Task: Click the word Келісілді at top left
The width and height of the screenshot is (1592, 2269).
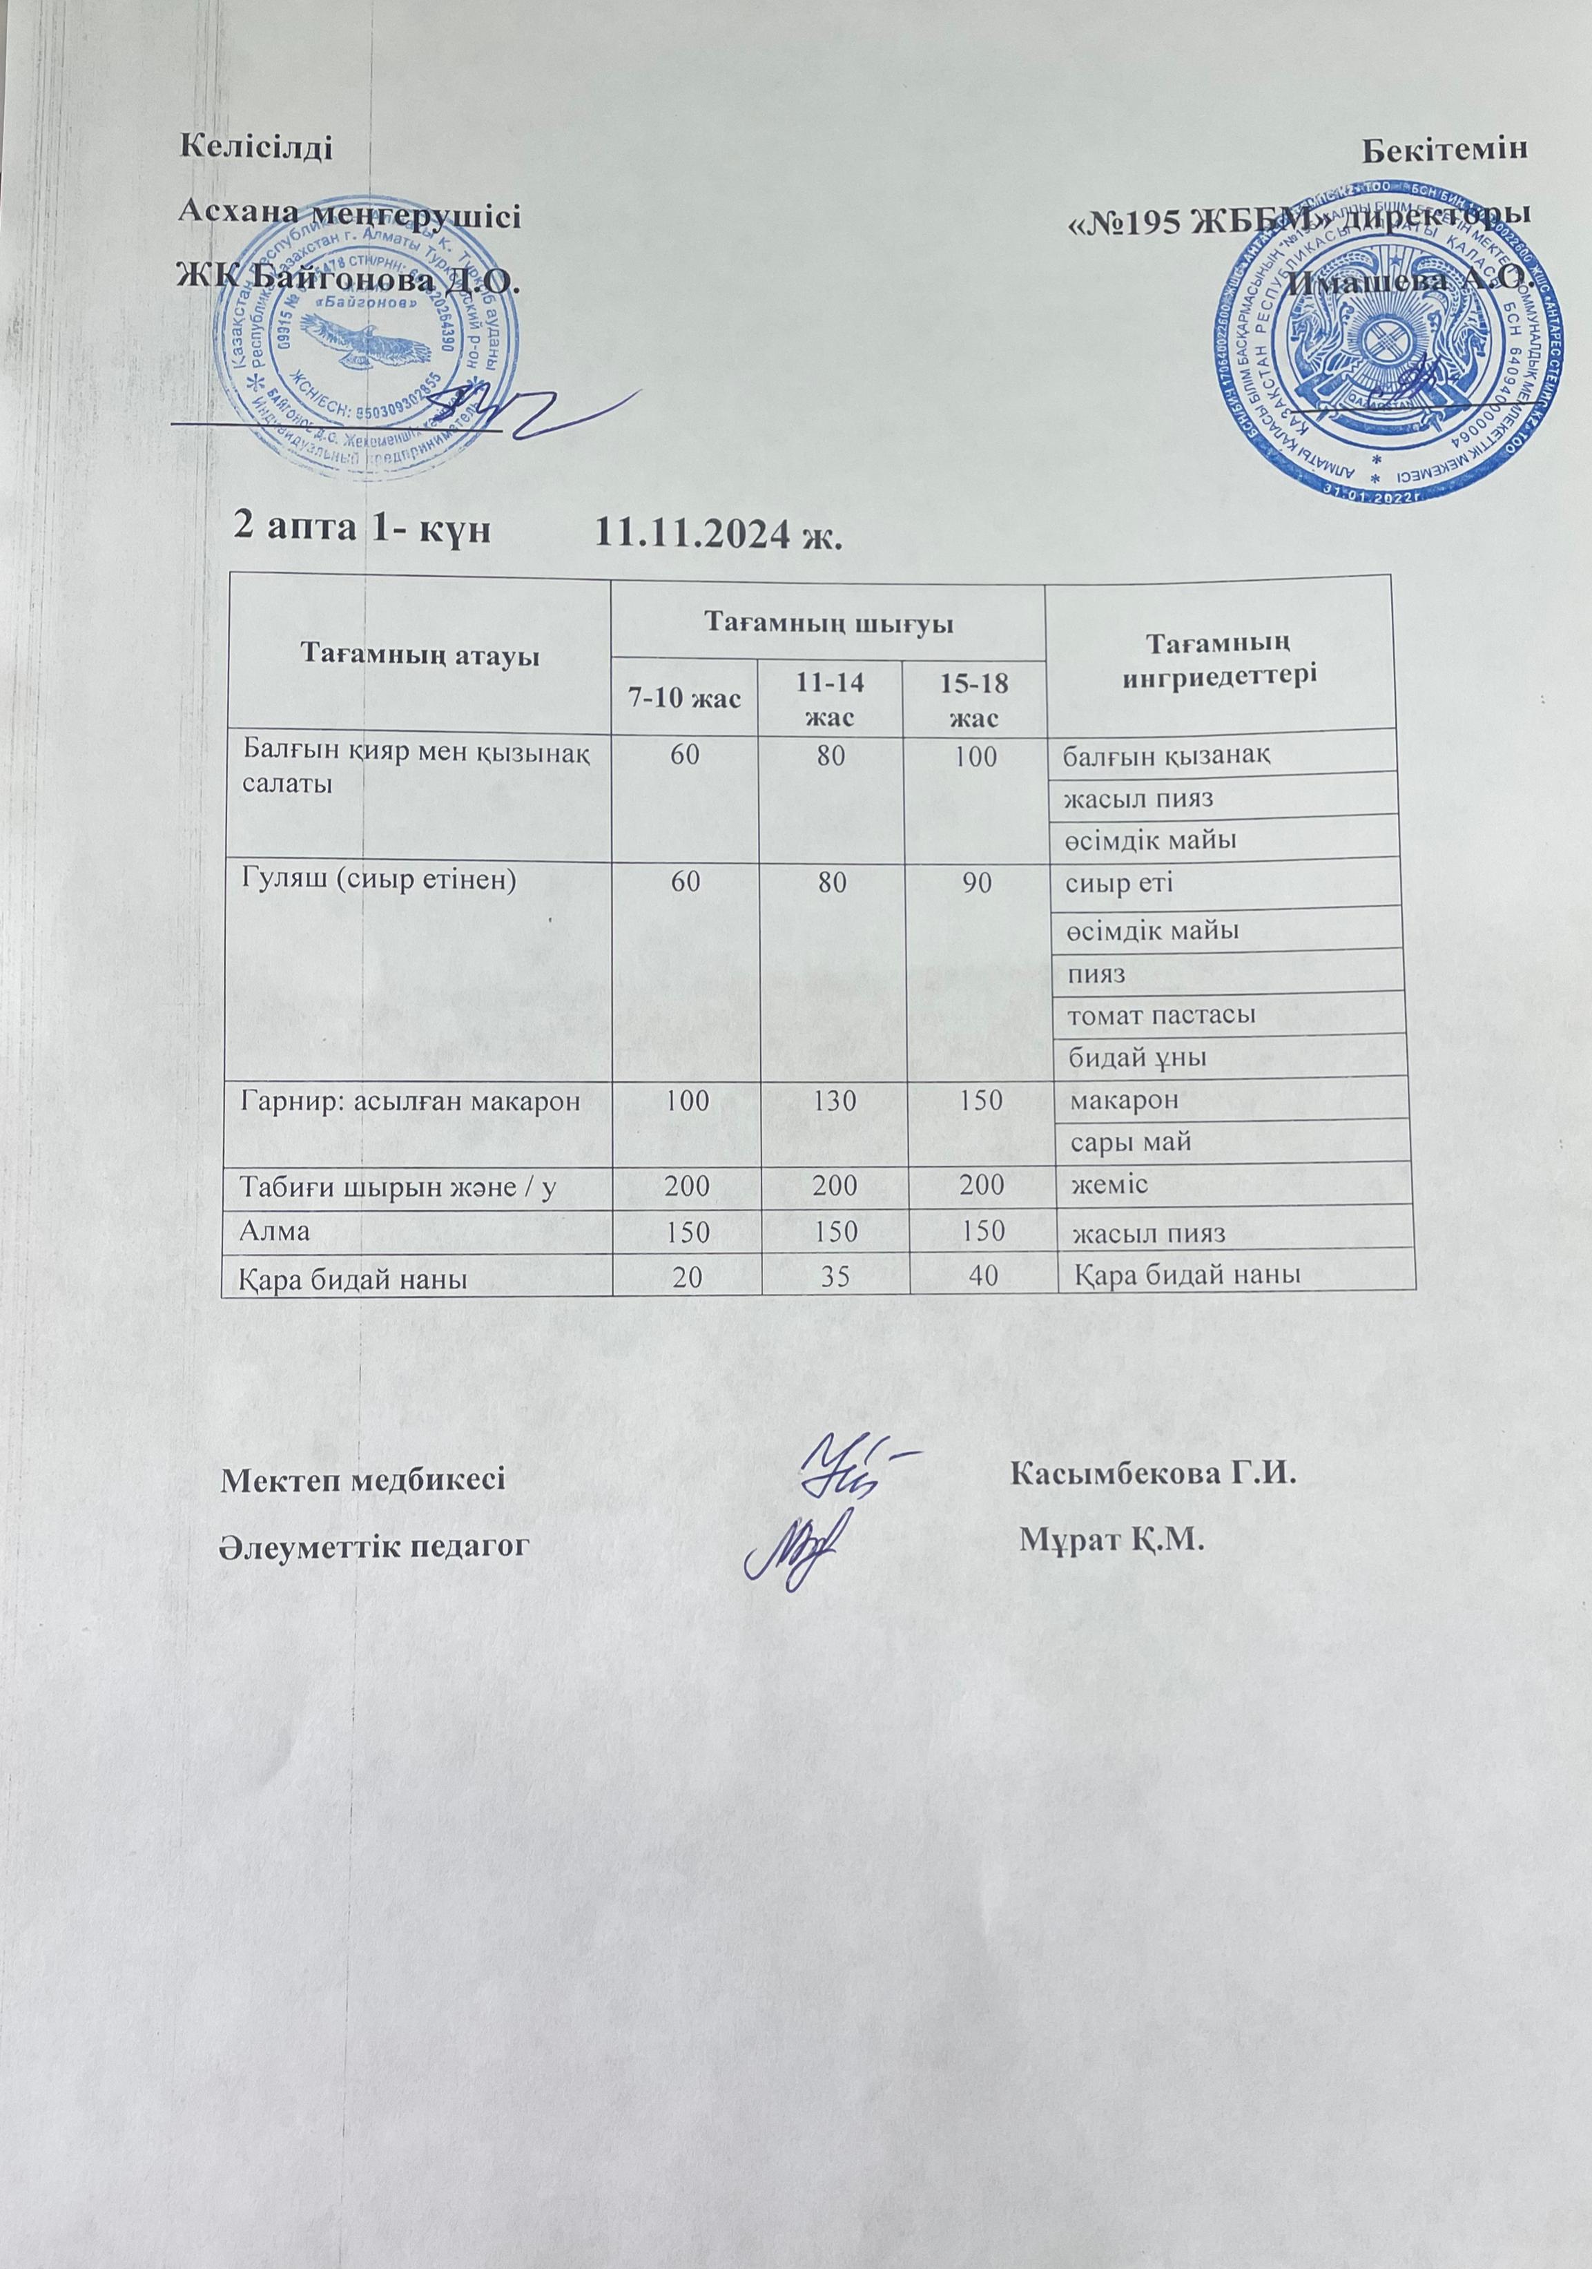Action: (254, 149)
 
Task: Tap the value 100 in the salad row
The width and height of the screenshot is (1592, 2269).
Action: (976, 755)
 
